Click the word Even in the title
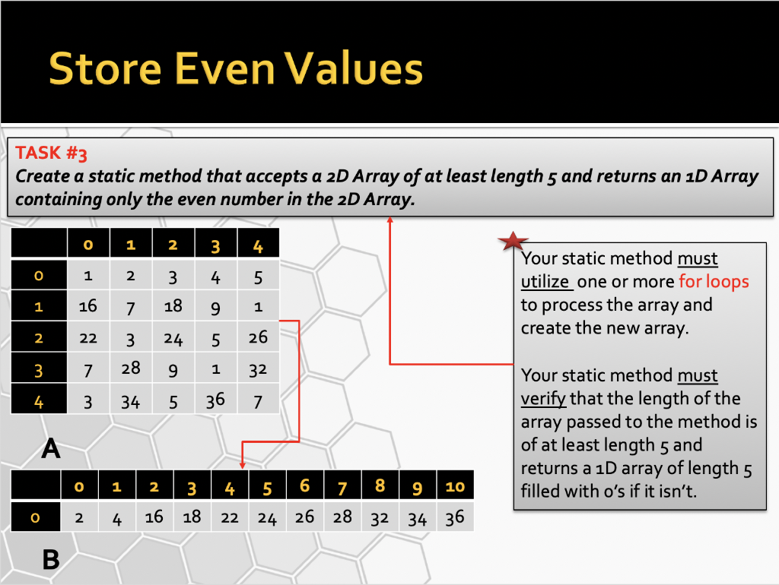point(224,68)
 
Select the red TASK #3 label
point(51,153)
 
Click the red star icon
point(513,241)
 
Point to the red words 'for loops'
point(714,281)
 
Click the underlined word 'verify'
point(543,398)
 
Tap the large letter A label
point(51,448)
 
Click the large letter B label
point(51,560)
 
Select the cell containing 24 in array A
point(173,337)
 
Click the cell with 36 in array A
point(215,400)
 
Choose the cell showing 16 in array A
point(88,306)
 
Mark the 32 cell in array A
point(258,368)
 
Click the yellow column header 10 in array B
point(455,486)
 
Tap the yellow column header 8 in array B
point(380,485)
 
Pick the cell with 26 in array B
point(304,517)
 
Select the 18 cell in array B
point(192,517)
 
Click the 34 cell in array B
point(418,517)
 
